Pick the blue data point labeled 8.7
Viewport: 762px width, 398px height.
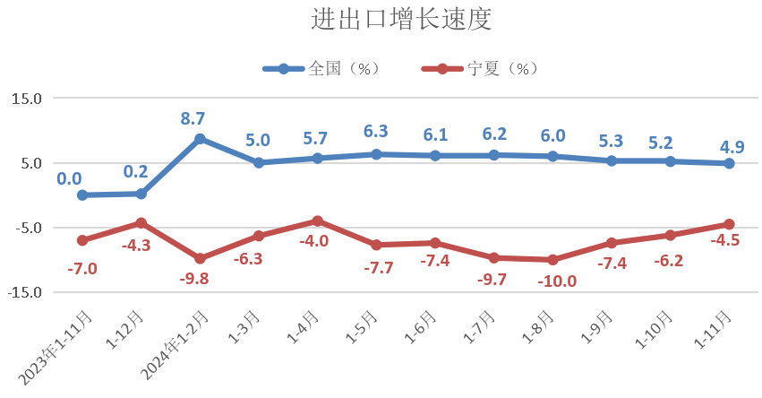[x=200, y=139]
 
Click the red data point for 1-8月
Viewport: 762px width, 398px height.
[x=552, y=260]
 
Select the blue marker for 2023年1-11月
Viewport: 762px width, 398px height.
[x=82, y=195]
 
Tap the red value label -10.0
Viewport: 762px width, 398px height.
[x=557, y=281]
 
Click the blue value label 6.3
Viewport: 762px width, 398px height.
[x=376, y=132]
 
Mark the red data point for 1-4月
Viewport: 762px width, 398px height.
[x=318, y=221]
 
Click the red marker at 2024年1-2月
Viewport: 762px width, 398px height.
[x=200, y=258]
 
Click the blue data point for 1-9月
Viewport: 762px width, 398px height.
[x=612, y=161]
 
